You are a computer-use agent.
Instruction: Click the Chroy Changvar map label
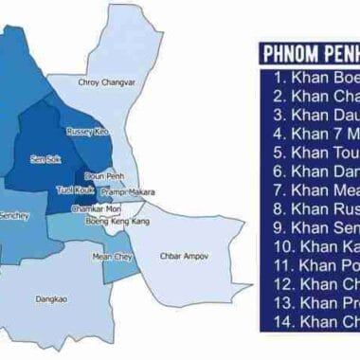106,82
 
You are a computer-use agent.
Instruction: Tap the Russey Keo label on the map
87,131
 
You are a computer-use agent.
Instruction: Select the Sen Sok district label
45,159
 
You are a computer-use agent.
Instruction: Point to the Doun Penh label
101,176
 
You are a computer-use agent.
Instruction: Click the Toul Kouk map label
73,190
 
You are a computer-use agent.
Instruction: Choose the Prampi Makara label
131,191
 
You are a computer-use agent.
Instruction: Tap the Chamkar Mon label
101,207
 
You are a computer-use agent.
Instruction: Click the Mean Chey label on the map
112,257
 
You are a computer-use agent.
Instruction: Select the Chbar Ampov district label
182,256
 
